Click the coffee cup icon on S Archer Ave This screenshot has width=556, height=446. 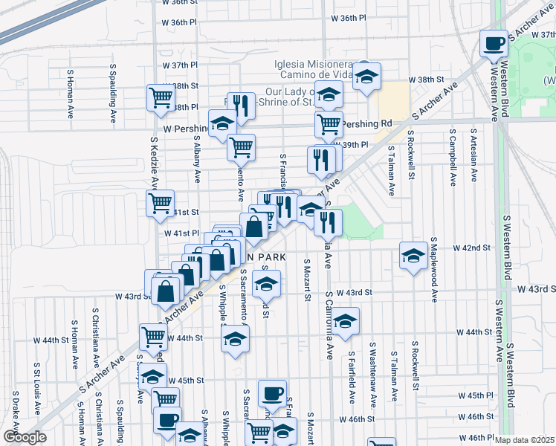(494, 43)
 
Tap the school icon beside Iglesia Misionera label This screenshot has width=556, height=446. (366, 76)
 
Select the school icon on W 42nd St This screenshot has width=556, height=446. (413, 256)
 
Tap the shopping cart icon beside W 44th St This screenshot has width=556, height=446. (153, 335)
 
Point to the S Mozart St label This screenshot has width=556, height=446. (306, 280)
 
